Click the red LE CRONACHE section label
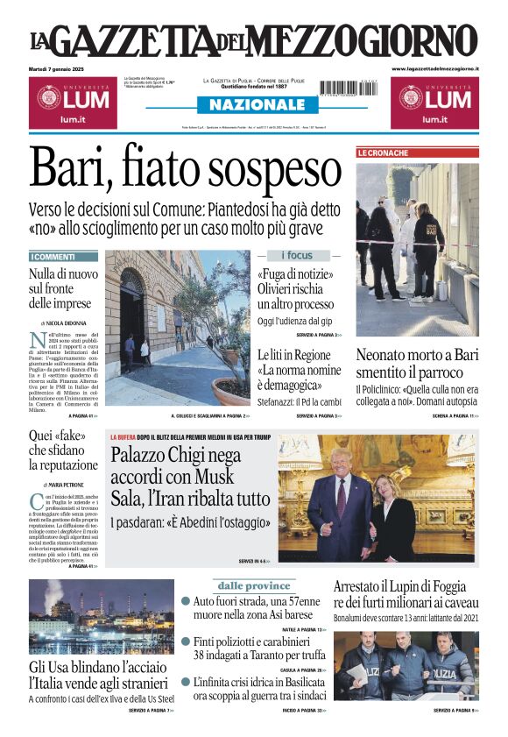[383, 153]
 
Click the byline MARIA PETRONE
[67, 485]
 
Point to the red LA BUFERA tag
[124, 436]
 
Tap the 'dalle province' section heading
[254, 585]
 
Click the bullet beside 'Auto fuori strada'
[186, 601]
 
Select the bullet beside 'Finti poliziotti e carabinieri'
[186, 641]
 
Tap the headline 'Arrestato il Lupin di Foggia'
[406, 593]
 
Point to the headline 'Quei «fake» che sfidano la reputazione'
[63, 450]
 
